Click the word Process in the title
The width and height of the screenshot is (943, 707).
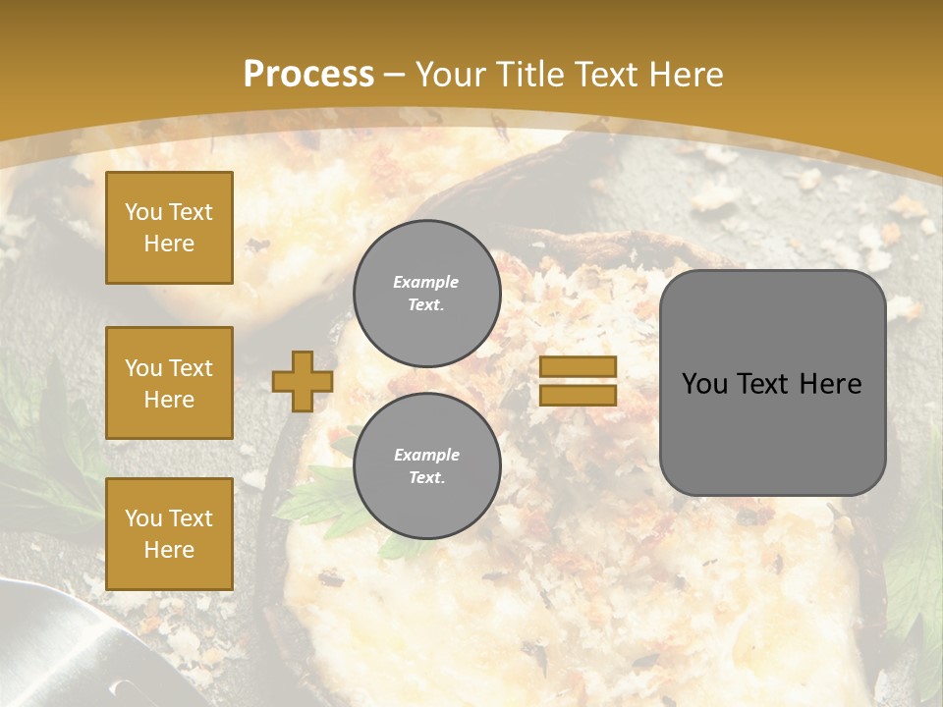(308, 74)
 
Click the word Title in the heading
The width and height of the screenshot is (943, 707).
(528, 74)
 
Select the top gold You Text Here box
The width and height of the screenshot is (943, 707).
(169, 228)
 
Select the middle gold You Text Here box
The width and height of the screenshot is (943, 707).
(169, 383)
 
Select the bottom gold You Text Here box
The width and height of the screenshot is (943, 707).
(169, 534)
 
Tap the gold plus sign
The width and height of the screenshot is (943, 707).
(302, 382)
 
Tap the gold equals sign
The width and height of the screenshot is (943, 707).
(578, 382)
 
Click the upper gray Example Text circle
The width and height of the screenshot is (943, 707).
(426, 294)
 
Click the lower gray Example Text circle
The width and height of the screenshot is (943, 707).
(426, 466)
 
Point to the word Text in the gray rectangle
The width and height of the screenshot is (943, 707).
(767, 383)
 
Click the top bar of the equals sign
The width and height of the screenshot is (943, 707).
(578, 367)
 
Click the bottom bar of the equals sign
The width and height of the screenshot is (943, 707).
(578, 396)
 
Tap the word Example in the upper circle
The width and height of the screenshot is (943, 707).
(425, 282)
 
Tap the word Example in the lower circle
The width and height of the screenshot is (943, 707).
(426, 455)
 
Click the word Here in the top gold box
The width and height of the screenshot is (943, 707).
(169, 244)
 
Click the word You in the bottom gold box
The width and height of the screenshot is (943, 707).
(142, 517)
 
